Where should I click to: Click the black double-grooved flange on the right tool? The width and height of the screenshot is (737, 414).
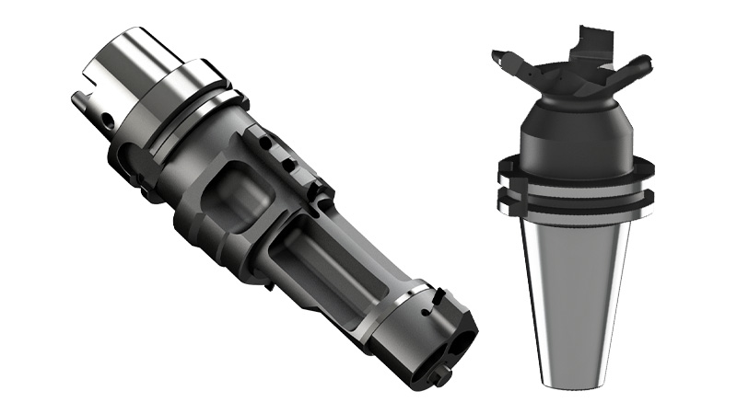click(x=576, y=189)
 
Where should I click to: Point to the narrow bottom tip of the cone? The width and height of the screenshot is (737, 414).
click(x=576, y=373)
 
